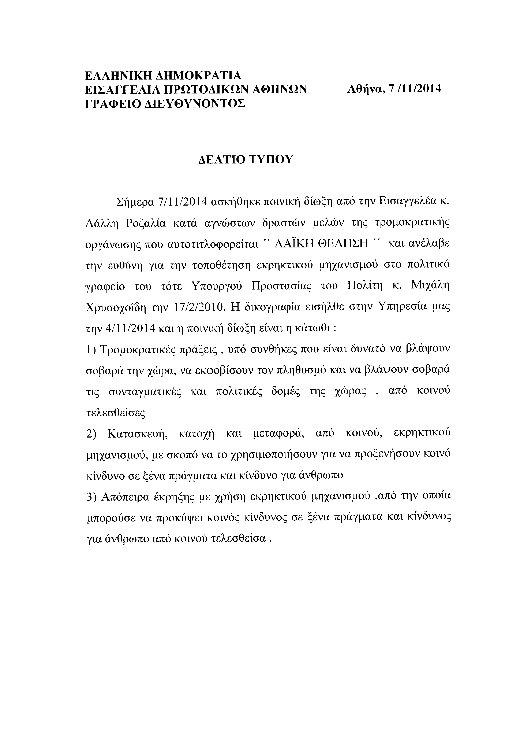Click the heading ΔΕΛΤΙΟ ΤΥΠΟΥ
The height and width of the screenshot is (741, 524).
tap(245, 159)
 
